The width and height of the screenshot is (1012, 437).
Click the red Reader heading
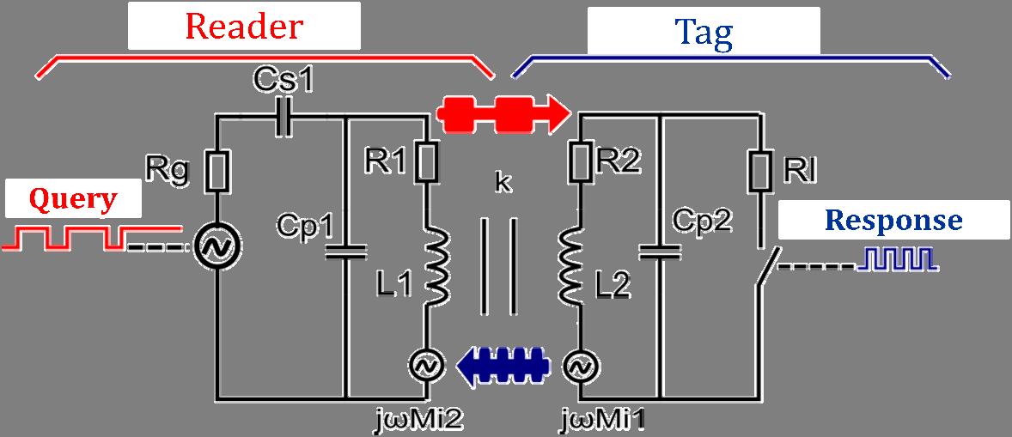(x=244, y=27)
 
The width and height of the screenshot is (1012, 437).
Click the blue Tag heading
(x=704, y=33)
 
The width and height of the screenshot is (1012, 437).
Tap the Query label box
(x=73, y=200)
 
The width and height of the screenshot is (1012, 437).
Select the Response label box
(x=893, y=221)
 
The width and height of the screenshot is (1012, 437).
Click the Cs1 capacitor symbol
(x=283, y=118)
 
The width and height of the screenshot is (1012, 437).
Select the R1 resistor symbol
(x=426, y=161)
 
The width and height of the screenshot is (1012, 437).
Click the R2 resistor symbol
(x=581, y=161)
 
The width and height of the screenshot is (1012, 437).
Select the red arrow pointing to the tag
(x=503, y=111)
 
